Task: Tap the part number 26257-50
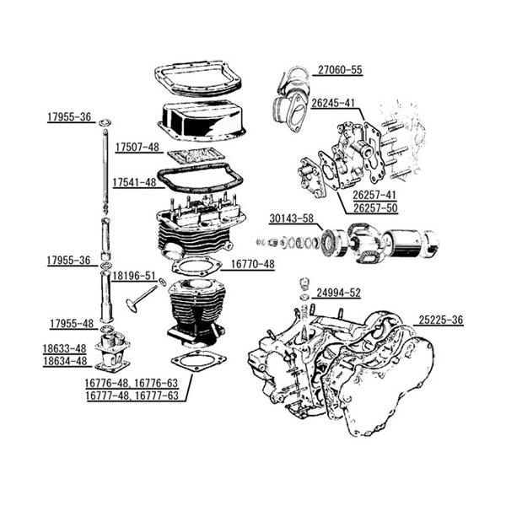click(x=375, y=207)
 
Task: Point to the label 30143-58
click(x=292, y=218)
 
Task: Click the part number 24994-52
click(x=338, y=293)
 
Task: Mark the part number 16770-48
click(x=252, y=263)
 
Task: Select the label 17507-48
click(x=137, y=147)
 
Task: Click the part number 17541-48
click(x=134, y=181)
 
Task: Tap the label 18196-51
click(x=133, y=275)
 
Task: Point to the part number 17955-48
click(x=72, y=323)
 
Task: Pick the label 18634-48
click(x=65, y=360)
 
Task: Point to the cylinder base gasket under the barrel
click(x=198, y=361)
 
